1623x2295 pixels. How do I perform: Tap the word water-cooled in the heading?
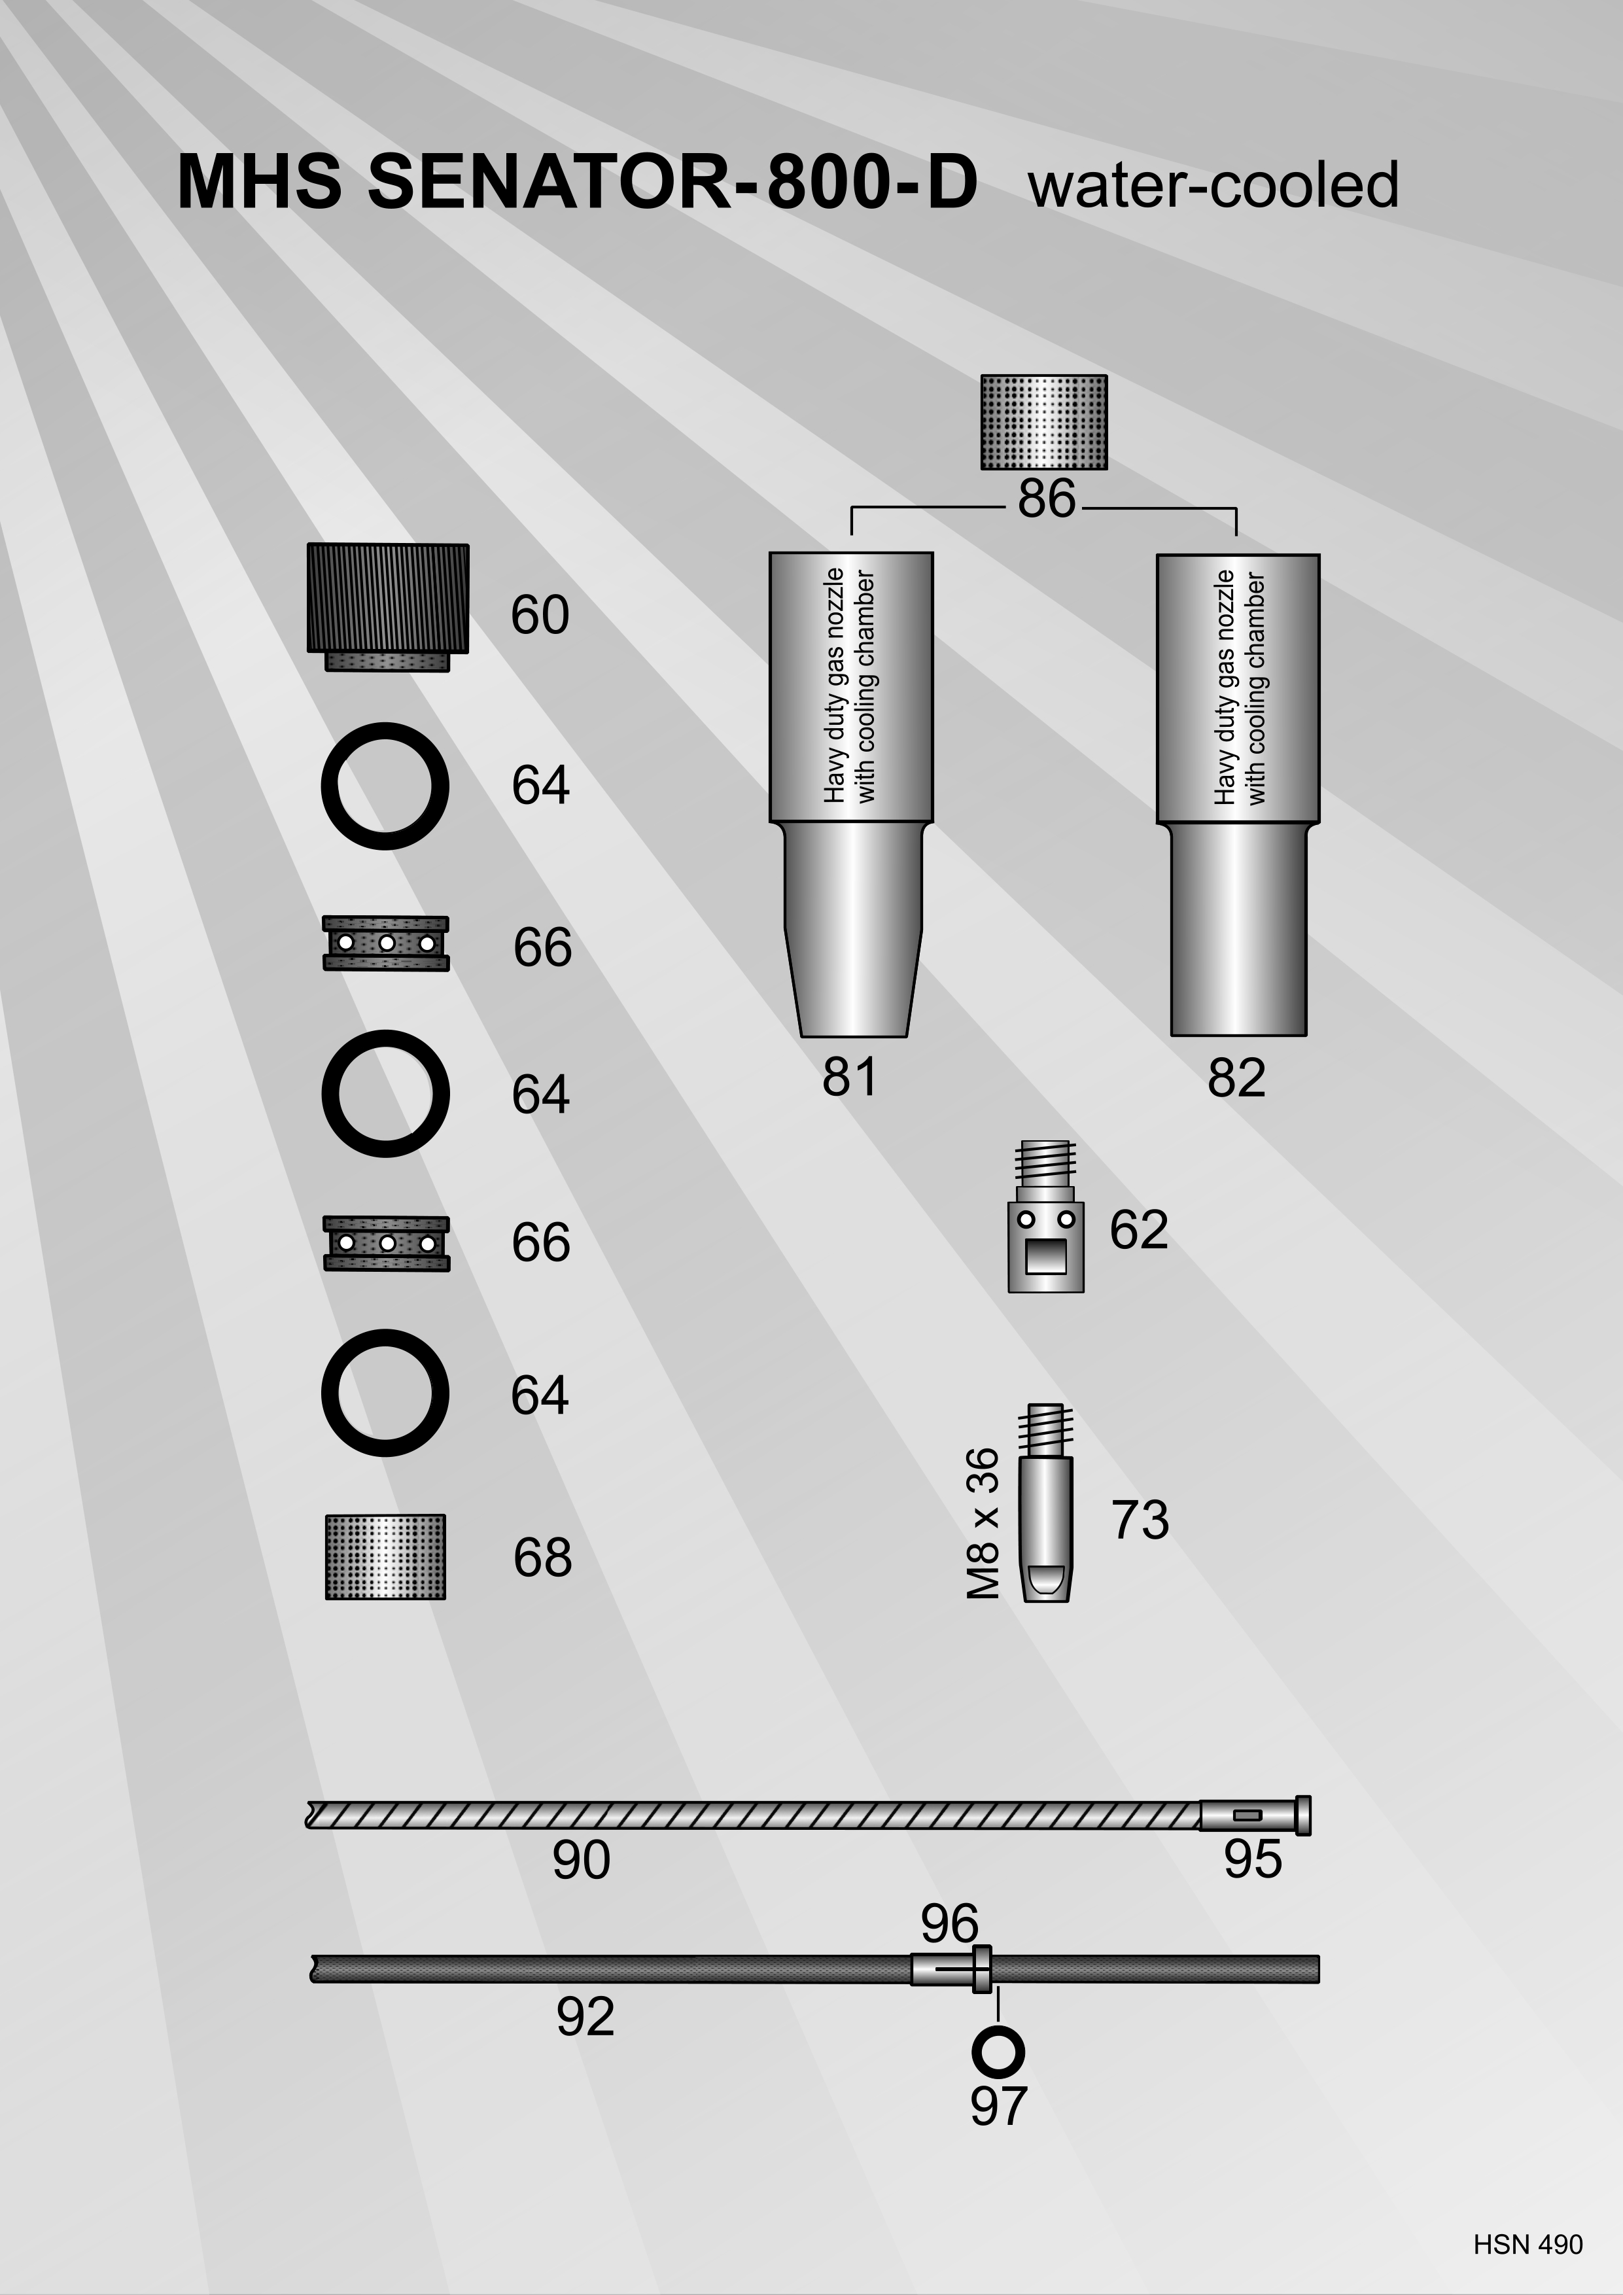tap(1213, 186)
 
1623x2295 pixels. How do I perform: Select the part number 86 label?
tap(1047, 498)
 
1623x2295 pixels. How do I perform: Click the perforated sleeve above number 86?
tap(1044, 422)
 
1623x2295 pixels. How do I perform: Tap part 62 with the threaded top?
tap(1045, 1216)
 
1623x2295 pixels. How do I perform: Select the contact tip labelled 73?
tap(1045, 1503)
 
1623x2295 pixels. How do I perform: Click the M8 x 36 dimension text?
tap(983, 1522)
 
